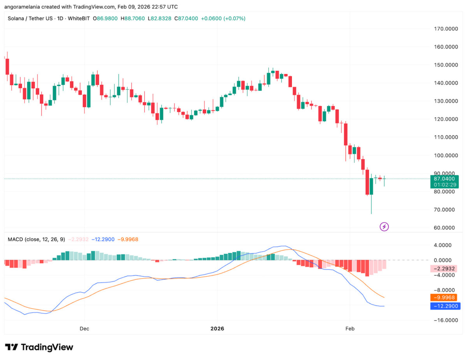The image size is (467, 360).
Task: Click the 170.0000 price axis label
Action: click(446, 29)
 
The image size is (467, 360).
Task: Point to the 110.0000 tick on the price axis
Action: click(446, 137)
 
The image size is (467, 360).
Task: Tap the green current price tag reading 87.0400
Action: click(444, 182)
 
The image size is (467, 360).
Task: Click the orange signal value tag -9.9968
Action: click(444, 297)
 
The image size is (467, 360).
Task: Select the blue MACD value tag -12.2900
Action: click(445, 306)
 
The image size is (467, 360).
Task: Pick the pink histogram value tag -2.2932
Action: click(444, 269)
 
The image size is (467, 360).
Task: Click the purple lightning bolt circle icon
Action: click(384, 227)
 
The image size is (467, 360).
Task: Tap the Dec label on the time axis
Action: click(84, 329)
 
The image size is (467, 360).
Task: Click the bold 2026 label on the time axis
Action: click(217, 329)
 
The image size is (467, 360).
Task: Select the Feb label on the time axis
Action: click(350, 329)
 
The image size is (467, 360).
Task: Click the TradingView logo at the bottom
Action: click(39, 347)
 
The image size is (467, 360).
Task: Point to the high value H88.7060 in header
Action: click(133, 18)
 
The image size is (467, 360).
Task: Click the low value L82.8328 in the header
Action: click(160, 18)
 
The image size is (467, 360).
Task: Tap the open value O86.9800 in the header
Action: click(105, 18)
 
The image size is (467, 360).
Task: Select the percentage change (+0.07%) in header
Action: click(234, 18)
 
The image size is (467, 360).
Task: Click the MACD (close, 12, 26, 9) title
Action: click(36, 239)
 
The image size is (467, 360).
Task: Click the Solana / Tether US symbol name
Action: click(30, 18)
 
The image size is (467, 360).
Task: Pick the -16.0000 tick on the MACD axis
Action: click(446, 320)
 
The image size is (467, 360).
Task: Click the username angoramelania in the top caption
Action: click(22, 7)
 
